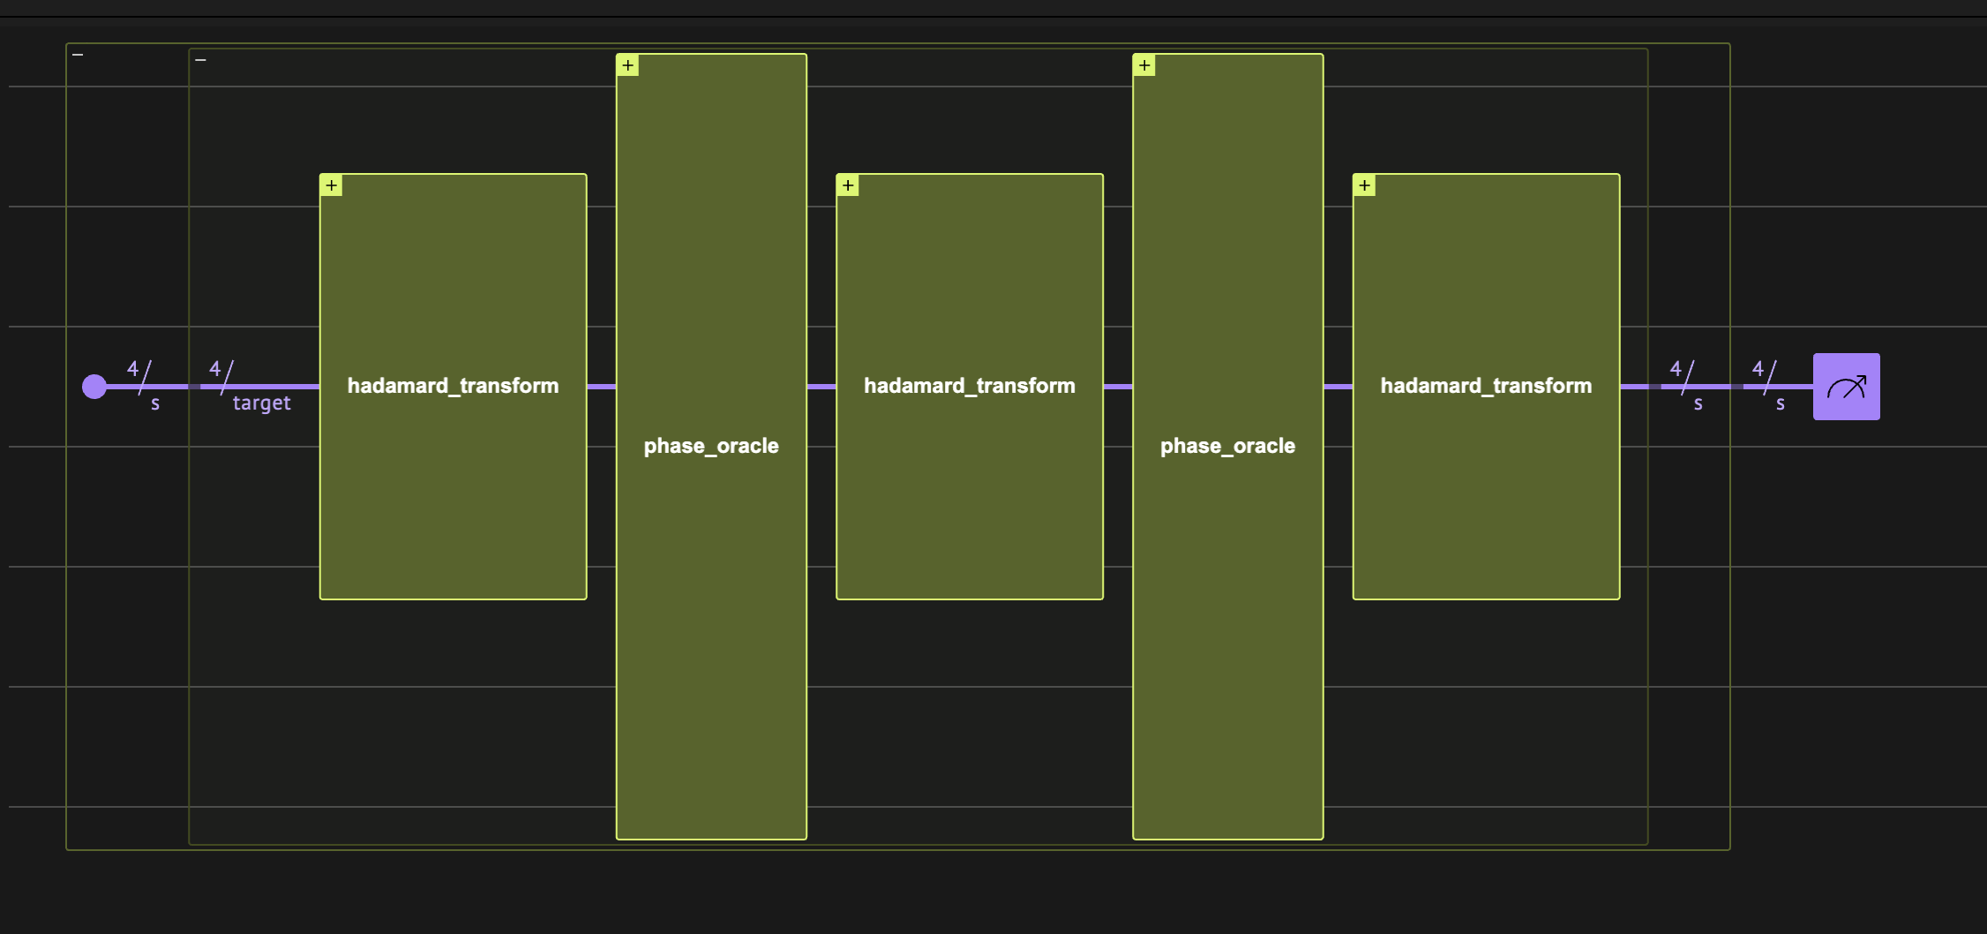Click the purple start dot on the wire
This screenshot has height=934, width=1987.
click(94, 387)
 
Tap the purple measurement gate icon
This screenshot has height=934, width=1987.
click(1846, 387)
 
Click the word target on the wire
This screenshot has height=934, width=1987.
click(261, 403)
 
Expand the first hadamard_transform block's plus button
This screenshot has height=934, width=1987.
click(331, 185)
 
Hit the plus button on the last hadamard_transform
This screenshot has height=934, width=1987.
click(1364, 185)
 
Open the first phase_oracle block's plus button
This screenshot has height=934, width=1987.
click(627, 65)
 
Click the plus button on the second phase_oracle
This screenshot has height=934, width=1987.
click(1144, 65)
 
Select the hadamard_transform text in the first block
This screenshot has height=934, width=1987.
click(453, 386)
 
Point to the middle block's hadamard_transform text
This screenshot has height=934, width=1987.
click(969, 386)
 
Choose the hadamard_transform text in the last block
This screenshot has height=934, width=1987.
click(1486, 386)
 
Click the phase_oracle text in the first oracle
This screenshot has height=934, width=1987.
click(711, 446)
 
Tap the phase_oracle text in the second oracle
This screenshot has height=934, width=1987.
click(1227, 446)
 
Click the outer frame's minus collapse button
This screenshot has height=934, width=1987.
click(78, 55)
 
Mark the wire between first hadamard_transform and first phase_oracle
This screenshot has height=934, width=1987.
click(601, 387)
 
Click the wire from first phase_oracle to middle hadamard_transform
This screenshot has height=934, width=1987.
click(821, 387)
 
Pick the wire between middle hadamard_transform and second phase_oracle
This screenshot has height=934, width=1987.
click(1118, 387)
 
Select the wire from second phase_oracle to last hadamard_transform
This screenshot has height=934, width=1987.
click(1338, 387)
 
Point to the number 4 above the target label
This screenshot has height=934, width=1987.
click(214, 369)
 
